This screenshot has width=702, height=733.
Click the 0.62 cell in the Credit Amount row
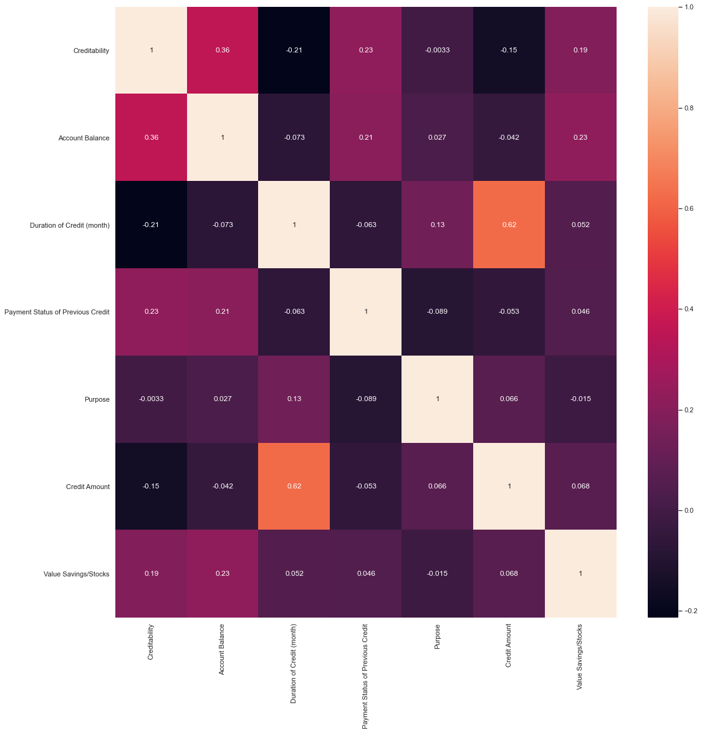coord(294,486)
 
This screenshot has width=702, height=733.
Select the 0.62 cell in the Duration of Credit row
coord(509,225)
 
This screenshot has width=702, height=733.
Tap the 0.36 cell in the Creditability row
coord(223,50)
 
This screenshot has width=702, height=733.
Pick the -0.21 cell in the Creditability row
coord(294,50)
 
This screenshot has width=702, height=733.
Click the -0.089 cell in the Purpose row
coord(366,399)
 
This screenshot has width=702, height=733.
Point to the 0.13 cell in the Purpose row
coord(294,399)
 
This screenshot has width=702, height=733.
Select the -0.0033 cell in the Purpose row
coord(151,399)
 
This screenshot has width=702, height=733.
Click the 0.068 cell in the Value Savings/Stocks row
coord(509,573)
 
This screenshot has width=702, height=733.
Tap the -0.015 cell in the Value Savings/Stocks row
coord(437,573)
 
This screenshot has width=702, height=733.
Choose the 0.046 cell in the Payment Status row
coord(580,311)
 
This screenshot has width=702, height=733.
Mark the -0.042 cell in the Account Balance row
coord(509,137)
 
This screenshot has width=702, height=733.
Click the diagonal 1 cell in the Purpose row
coord(437,399)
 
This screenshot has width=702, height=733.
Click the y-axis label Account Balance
coord(84,138)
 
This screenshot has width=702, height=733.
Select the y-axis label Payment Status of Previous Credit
coord(57,312)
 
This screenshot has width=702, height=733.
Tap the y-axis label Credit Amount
coord(87,487)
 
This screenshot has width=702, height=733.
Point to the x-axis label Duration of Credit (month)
coord(294,663)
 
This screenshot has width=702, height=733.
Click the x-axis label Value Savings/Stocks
coord(580,656)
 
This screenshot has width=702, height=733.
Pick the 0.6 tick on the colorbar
coord(690,208)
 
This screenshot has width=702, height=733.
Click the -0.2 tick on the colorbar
coord(690,611)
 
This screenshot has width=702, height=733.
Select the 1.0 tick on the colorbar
coord(690,7)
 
